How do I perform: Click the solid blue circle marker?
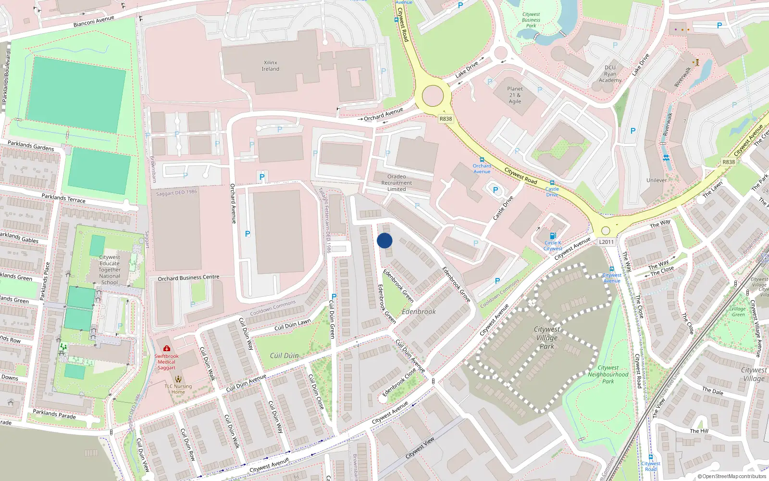384,240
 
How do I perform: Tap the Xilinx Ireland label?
271,66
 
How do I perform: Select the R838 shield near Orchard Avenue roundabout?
446,119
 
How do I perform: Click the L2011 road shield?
606,242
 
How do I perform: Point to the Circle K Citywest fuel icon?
553,236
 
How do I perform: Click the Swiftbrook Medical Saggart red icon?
166,348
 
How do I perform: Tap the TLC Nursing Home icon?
178,379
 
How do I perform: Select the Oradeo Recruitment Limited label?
397,183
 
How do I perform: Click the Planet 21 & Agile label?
515,95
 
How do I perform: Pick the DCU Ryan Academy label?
610,74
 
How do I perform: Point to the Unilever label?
657,180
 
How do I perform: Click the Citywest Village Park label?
547,338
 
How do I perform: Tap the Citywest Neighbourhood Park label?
608,374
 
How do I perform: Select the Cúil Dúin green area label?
284,355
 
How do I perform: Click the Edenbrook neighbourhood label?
419,312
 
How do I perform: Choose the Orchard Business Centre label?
188,278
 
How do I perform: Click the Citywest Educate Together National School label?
110,269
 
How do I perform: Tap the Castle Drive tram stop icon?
552,183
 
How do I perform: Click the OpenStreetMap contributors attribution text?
732,477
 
